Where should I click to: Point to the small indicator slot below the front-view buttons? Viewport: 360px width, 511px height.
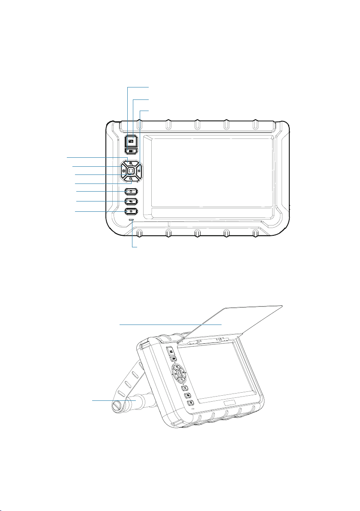coord(131,220)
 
